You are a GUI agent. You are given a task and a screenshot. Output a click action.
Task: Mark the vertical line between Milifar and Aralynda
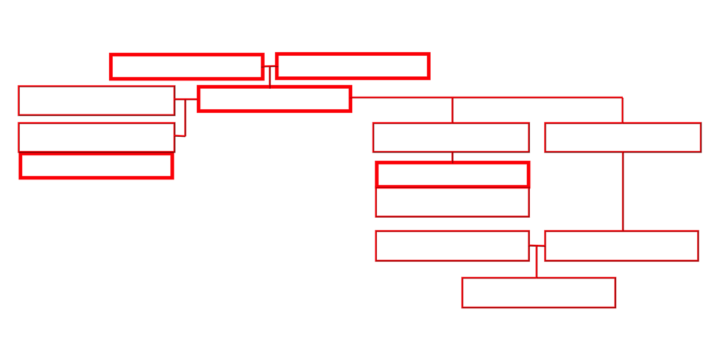click(x=623, y=192)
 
